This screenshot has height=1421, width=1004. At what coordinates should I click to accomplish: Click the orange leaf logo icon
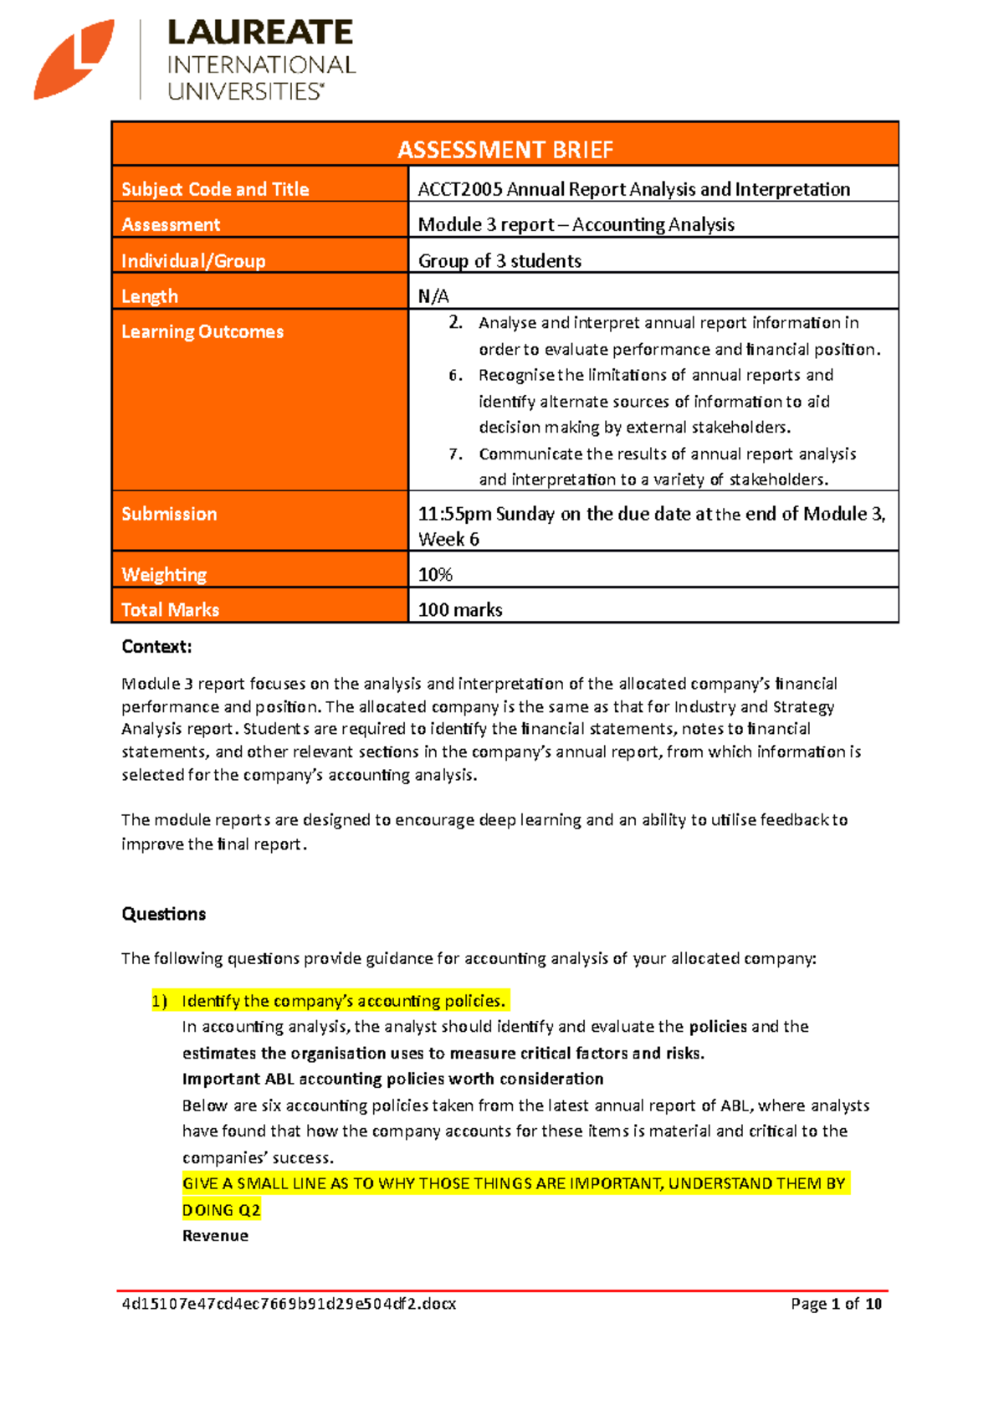pos(74,59)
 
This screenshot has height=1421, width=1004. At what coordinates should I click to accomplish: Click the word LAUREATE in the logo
pos(260,33)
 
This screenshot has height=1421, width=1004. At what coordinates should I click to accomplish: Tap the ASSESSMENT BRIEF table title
pos(505,149)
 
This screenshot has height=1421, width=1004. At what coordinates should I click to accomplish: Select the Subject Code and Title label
pos(215,189)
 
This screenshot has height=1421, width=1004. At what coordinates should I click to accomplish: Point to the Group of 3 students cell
pos(499,261)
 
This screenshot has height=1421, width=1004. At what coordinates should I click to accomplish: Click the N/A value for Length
pos(433,296)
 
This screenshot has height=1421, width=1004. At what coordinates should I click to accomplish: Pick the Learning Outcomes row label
pos(202,332)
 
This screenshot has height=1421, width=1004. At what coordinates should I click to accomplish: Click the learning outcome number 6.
pos(455,376)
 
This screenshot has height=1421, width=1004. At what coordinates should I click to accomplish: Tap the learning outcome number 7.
pos(455,454)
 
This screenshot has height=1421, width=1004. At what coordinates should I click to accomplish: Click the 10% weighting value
pos(435,575)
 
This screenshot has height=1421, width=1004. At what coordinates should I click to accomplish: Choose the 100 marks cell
pos(460,610)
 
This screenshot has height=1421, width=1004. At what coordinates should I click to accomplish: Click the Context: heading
pos(156,647)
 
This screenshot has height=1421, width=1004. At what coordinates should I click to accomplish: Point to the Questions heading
pos(163,914)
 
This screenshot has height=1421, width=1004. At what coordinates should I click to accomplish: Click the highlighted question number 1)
pos(159,1002)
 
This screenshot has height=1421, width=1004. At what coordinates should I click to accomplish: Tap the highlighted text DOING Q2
pos(221,1210)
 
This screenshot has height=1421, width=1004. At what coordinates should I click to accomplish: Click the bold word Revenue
pos(215,1236)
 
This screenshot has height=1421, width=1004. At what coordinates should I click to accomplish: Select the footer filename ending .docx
pos(289,1304)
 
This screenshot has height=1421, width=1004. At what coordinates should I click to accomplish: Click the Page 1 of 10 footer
pos(836,1304)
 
